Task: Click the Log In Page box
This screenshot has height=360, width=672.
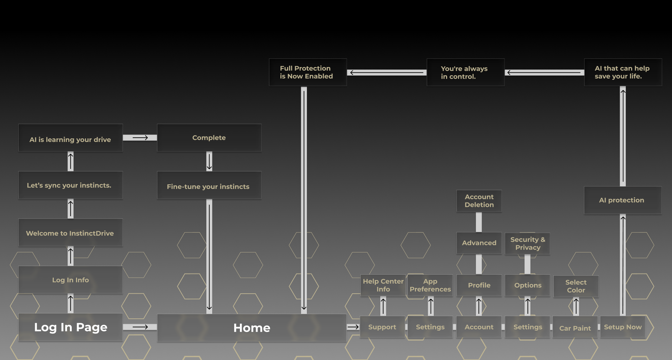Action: coord(71,327)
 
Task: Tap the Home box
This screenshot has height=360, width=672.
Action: coord(252,328)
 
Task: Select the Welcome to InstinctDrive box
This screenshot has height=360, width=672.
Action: coord(71,232)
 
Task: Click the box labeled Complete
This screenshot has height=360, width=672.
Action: coord(209,138)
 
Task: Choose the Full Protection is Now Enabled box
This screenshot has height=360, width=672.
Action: coord(308,72)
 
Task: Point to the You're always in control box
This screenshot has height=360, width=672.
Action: coord(465,72)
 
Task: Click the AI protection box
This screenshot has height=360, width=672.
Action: coord(623,200)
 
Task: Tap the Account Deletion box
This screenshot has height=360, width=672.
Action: coord(479,201)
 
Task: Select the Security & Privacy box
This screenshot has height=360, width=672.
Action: coord(527,243)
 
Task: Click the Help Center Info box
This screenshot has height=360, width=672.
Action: coord(383,285)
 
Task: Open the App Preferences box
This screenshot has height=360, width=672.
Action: coord(430,285)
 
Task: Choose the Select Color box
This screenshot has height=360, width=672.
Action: coord(576,286)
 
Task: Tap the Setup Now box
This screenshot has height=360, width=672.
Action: coord(623,327)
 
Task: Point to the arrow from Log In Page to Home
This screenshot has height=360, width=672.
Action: coord(140,327)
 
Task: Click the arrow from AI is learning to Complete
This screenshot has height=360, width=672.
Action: coord(140,138)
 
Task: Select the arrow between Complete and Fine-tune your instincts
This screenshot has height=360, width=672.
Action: coord(209,161)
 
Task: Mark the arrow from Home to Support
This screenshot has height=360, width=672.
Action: coord(353,327)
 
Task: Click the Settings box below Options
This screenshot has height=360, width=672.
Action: coord(527,327)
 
